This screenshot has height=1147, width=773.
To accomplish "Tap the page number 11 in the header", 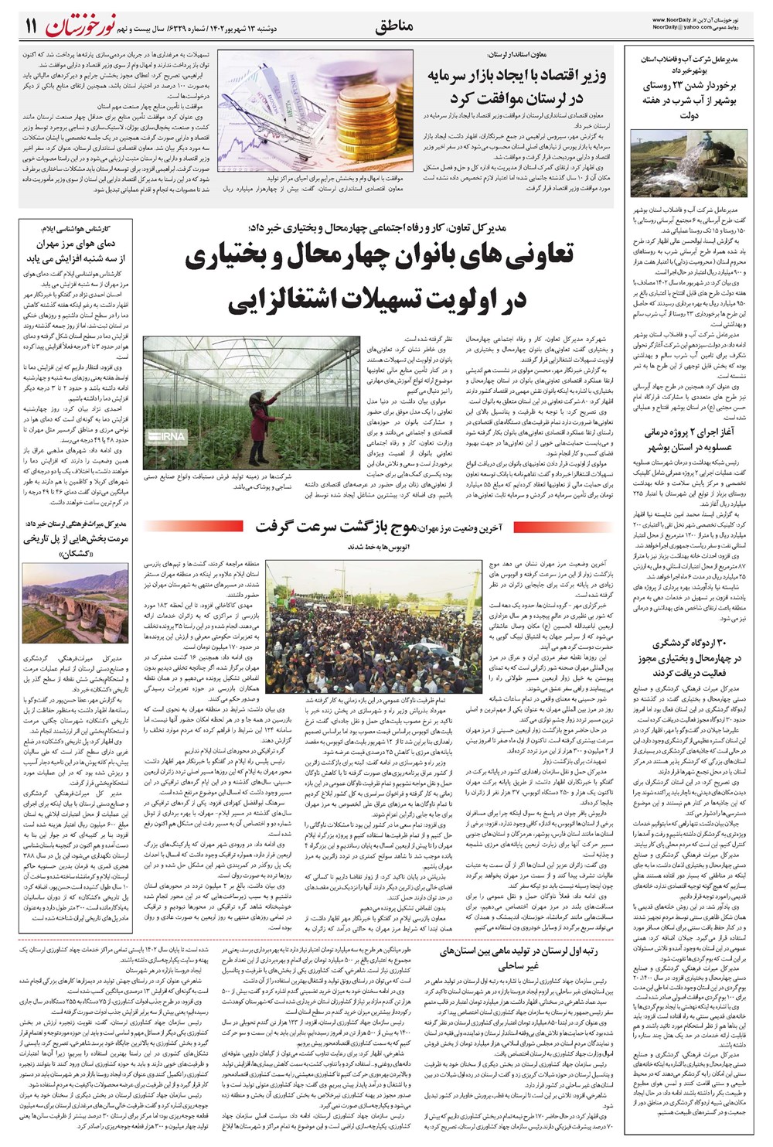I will [30, 26].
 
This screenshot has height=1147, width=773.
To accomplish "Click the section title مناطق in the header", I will [393, 26].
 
